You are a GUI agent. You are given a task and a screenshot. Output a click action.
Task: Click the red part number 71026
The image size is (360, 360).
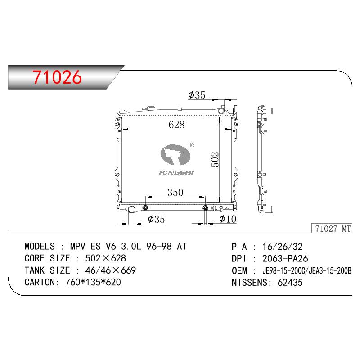point(57,77)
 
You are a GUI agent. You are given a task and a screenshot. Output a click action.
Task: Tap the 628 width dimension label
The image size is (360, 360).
point(176,125)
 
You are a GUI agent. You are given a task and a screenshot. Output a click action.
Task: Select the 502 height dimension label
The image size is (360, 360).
point(215,160)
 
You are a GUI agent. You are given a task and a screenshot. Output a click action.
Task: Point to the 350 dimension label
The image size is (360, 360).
point(175,193)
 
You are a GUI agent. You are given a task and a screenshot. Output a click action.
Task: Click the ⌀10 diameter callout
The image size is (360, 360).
point(228,219)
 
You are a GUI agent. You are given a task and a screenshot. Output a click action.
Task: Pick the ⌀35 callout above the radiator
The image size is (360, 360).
point(197,95)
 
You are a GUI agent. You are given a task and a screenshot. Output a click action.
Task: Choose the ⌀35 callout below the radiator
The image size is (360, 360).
point(156,219)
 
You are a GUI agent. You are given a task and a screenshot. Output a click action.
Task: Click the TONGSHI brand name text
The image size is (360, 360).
point(176,173)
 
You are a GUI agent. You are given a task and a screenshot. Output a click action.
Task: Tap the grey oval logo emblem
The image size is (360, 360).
point(175,155)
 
